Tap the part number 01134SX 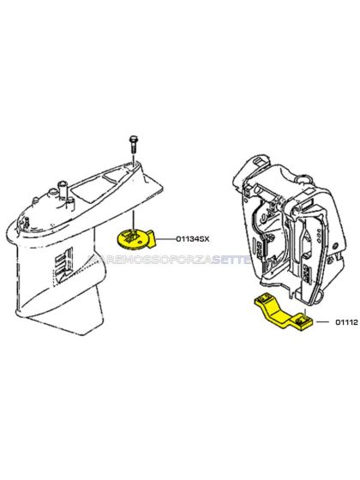[193, 238]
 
